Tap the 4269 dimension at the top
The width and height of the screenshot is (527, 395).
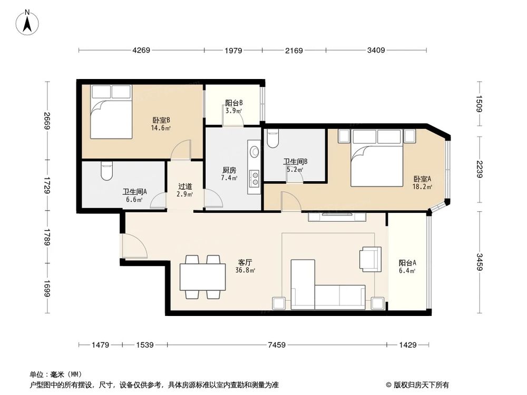click(141, 51)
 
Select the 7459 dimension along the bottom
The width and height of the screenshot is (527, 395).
click(276, 345)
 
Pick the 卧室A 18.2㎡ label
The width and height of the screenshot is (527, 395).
click(422, 182)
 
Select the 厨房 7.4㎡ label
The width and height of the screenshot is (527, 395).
click(229, 174)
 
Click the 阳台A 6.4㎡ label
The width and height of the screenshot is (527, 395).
click(407, 267)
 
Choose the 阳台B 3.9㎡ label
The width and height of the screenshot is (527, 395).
click(233, 107)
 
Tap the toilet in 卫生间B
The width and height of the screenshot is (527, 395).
click(272, 139)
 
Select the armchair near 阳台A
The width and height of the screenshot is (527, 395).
click(370, 259)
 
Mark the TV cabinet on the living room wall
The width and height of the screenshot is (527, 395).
click(337, 216)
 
